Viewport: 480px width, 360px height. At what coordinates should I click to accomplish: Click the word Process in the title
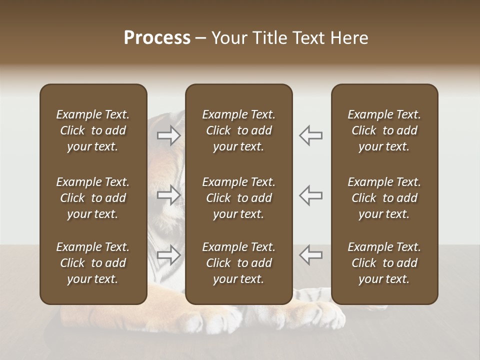157,38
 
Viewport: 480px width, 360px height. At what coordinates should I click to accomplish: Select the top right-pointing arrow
169,135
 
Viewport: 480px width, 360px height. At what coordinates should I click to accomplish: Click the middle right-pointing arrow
169,195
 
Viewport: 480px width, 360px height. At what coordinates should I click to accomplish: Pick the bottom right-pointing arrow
169,255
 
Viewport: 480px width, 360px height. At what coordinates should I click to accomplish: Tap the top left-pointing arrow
311,135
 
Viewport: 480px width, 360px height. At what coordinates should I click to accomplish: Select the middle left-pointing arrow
311,195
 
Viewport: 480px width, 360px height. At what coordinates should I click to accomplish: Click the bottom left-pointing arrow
311,255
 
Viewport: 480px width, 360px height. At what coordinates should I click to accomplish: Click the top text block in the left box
93,130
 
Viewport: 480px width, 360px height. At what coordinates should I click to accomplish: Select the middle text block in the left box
93,198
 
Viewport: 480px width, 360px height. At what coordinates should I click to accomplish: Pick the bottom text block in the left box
93,263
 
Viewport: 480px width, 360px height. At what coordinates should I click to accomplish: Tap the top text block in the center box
238,130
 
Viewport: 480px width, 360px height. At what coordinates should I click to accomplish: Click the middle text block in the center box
238,198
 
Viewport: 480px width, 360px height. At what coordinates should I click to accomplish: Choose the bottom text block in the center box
238,263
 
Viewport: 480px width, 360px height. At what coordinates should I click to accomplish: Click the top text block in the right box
384,130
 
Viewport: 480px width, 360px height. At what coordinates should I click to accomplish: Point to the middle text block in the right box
384,198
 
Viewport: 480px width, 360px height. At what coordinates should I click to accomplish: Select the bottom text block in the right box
384,263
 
